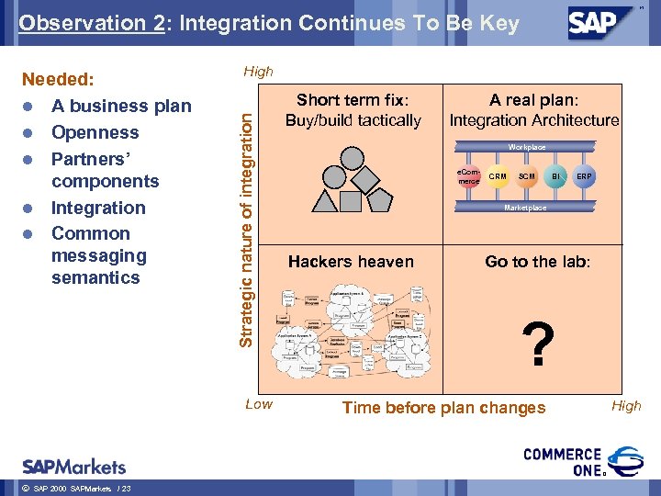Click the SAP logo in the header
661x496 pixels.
point(601,22)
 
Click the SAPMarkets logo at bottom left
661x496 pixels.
point(74,466)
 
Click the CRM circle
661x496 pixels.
point(498,176)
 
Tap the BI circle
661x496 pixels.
point(556,176)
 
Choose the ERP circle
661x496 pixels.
point(585,176)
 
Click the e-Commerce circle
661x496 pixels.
point(468,176)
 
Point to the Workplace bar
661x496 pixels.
point(527,147)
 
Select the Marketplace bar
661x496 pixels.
point(527,208)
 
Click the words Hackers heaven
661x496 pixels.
point(351,262)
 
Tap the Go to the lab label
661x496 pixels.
point(538,262)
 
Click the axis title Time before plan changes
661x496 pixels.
point(443,408)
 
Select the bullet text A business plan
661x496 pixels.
point(121,107)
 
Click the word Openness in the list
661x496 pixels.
point(95,132)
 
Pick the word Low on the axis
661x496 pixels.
point(259,404)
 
